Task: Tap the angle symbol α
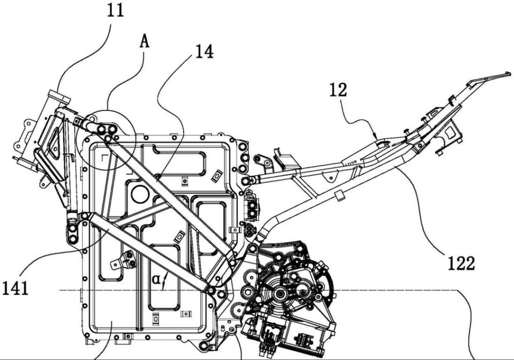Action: point(156,280)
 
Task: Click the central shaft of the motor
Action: point(282,293)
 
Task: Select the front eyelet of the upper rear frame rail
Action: point(251,180)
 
